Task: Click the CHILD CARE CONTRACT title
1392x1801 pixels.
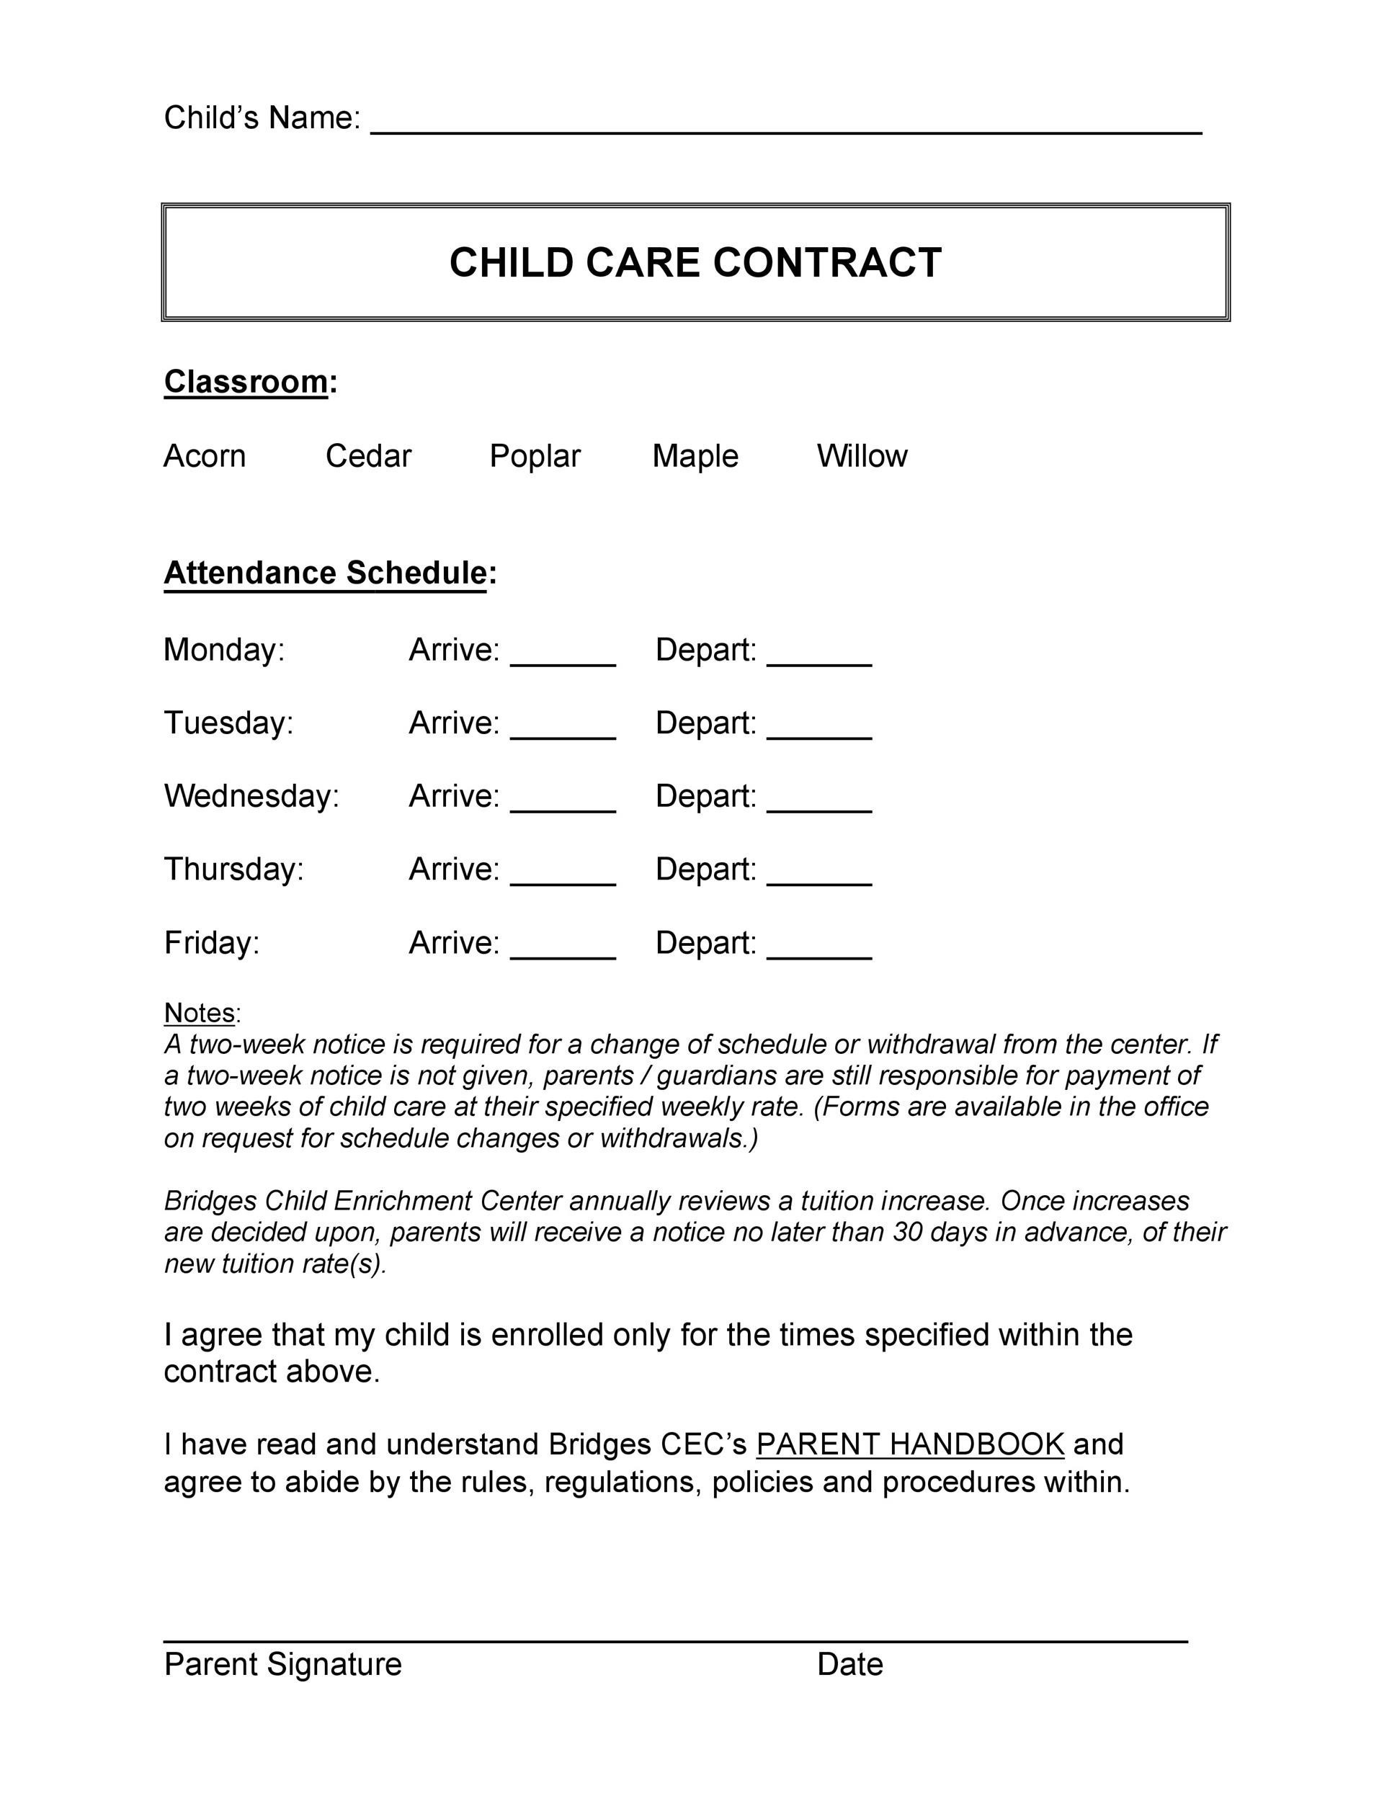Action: pyautogui.click(x=695, y=262)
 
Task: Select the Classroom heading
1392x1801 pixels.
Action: pyautogui.click(x=246, y=382)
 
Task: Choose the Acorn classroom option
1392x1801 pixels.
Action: pyautogui.click(x=205, y=456)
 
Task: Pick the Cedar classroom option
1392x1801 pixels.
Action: pyautogui.click(x=367, y=456)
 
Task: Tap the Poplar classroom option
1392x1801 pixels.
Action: pyautogui.click(x=535, y=456)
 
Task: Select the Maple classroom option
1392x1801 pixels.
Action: pyautogui.click(x=695, y=456)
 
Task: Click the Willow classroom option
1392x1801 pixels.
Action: pyautogui.click(x=862, y=456)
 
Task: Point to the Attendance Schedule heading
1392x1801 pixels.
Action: pyautogui.click(x=325, y=572)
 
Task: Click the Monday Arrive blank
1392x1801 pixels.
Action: pyautogui.click(x=563, y=656)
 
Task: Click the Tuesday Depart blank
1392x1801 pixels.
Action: pyautogui.click(x=819, y=730)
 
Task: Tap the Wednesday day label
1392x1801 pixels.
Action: pyautogui.click(x=251, y=796)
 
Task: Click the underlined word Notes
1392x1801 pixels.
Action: pyautogui.click(x=200, y=1012)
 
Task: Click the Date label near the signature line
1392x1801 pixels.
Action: pyautogui.click(x=849, y=1664)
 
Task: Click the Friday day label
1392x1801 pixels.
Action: pyautogui.click(x=212, y=942)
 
